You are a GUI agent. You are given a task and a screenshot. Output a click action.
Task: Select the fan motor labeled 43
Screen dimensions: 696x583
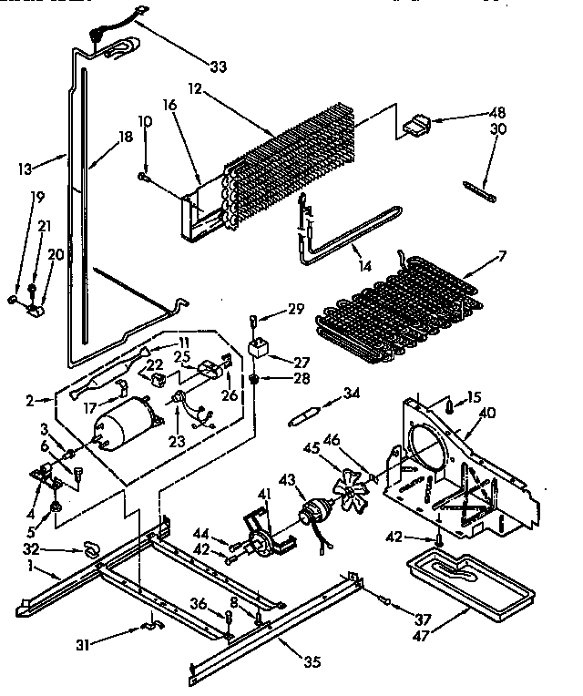[316, 515]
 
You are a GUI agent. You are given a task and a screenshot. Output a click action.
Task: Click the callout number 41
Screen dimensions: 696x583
[263, 494]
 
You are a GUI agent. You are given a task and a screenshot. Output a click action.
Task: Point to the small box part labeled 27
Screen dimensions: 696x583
[259, 348]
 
